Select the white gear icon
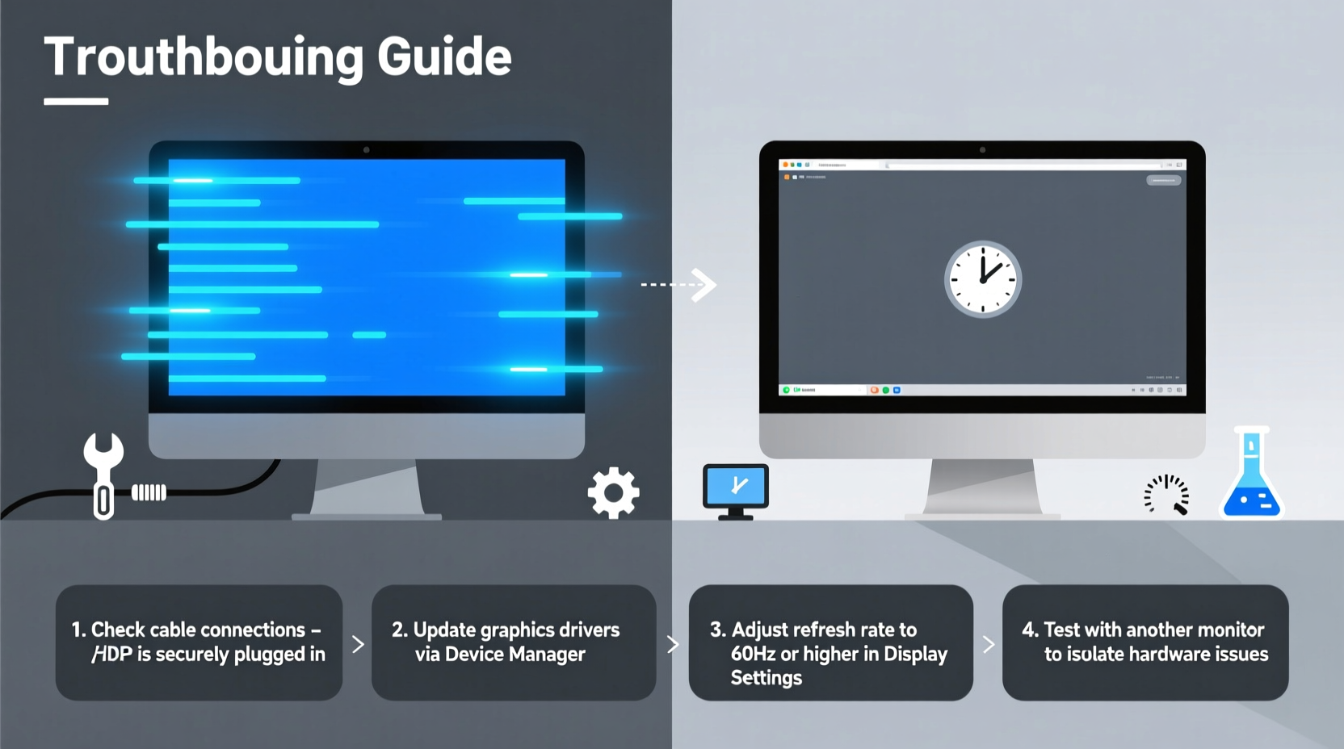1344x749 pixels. click(613, 492)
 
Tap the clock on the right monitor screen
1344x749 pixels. click(983, 279)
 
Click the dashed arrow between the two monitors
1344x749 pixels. click(679, 284)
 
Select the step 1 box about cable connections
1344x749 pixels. click(199, 642)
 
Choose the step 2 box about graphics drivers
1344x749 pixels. click(514, 642)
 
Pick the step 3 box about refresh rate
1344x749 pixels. click(830, 642)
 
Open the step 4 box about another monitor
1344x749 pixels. click(1145, 642)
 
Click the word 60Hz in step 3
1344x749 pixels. click(753, 654)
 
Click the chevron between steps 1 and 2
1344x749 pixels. click(358, 644)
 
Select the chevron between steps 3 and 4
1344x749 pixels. click(988, 644)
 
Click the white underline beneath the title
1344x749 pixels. click(76, 102)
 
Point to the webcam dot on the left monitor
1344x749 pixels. click(366, 150)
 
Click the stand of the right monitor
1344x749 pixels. click(983, 487)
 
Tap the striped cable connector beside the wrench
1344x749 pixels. click(149, 492)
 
